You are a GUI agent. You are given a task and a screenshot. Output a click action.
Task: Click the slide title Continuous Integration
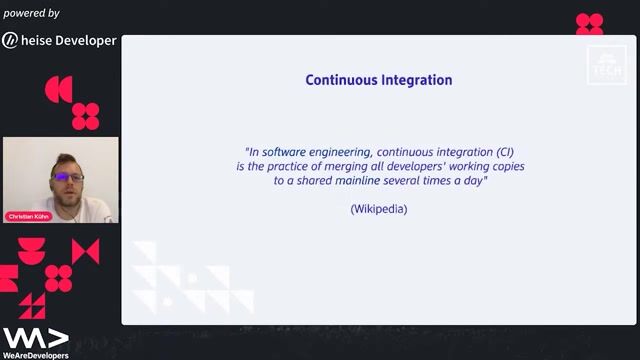pos(378,80)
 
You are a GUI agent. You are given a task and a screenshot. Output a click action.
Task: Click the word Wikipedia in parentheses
pos(379,209)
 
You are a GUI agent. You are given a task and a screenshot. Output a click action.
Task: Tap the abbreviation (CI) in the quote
pos(497,151)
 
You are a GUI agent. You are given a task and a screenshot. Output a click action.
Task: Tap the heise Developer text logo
pos(69,41)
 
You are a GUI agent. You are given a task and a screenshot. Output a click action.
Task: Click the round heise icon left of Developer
pos(10,41)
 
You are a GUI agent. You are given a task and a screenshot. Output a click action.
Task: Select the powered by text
pos(31,13)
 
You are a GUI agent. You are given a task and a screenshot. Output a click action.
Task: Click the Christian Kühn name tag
pos(29,216)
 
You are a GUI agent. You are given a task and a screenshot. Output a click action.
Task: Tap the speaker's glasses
pos(68,177)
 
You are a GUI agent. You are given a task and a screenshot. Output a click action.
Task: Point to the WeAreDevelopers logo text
pos(35,354)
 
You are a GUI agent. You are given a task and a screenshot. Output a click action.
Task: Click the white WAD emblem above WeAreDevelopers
pos(35,337)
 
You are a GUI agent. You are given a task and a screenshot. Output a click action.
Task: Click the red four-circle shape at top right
pos(589,24)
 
